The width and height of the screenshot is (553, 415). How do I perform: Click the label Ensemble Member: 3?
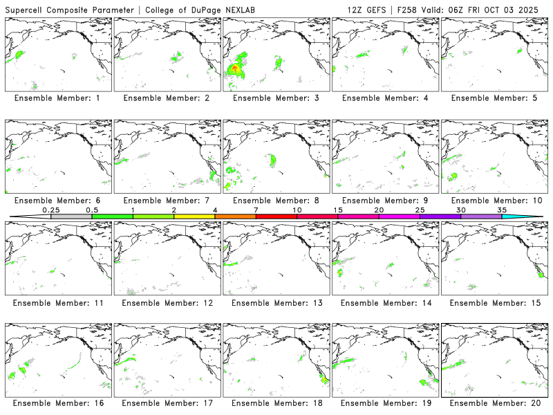tap(276, 98)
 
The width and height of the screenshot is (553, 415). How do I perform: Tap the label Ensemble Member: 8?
tap(276, 201)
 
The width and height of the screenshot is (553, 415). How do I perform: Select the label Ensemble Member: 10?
tap(494, 201)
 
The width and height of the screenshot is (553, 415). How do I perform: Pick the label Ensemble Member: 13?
tap(276, 303)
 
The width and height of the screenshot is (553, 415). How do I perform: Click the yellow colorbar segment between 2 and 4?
tap(194, 216)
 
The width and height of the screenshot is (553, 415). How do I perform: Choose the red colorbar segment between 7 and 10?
tap(276, 216)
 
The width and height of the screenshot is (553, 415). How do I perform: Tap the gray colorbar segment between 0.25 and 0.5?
tap(71, 216)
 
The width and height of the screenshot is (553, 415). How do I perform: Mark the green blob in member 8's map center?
tap(273, 160)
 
